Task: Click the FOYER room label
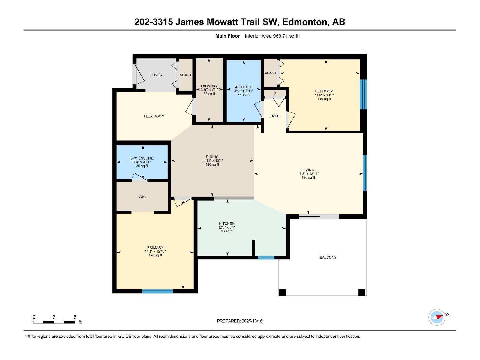click(x=156, y=75)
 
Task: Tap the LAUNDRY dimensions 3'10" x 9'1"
click(x=209, y=90)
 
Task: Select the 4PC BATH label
click(x=244, y=87)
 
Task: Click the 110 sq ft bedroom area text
click(x=324, y=99)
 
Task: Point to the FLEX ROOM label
click(x=154, y=116)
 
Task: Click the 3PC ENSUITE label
click(x=142, y=158)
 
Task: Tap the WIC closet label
click(x=142, y=197)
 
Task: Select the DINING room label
click(x=212, y=157)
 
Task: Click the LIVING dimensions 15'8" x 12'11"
click(x=308, y=173)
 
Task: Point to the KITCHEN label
click(x=226, y=223)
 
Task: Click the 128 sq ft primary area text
click(x=155, y=255)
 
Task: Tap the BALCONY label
click(x=328, y=257)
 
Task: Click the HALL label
click(x=274, y=116)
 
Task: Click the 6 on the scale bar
click(x=75, y=317)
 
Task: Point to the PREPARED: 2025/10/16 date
click(x=240, y=321)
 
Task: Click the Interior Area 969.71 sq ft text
click(x=271, y=36)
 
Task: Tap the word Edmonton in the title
click(x=304, y=22)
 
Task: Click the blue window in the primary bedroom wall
click(x=157, y=291)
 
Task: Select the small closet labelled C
click(x=274, y=93)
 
